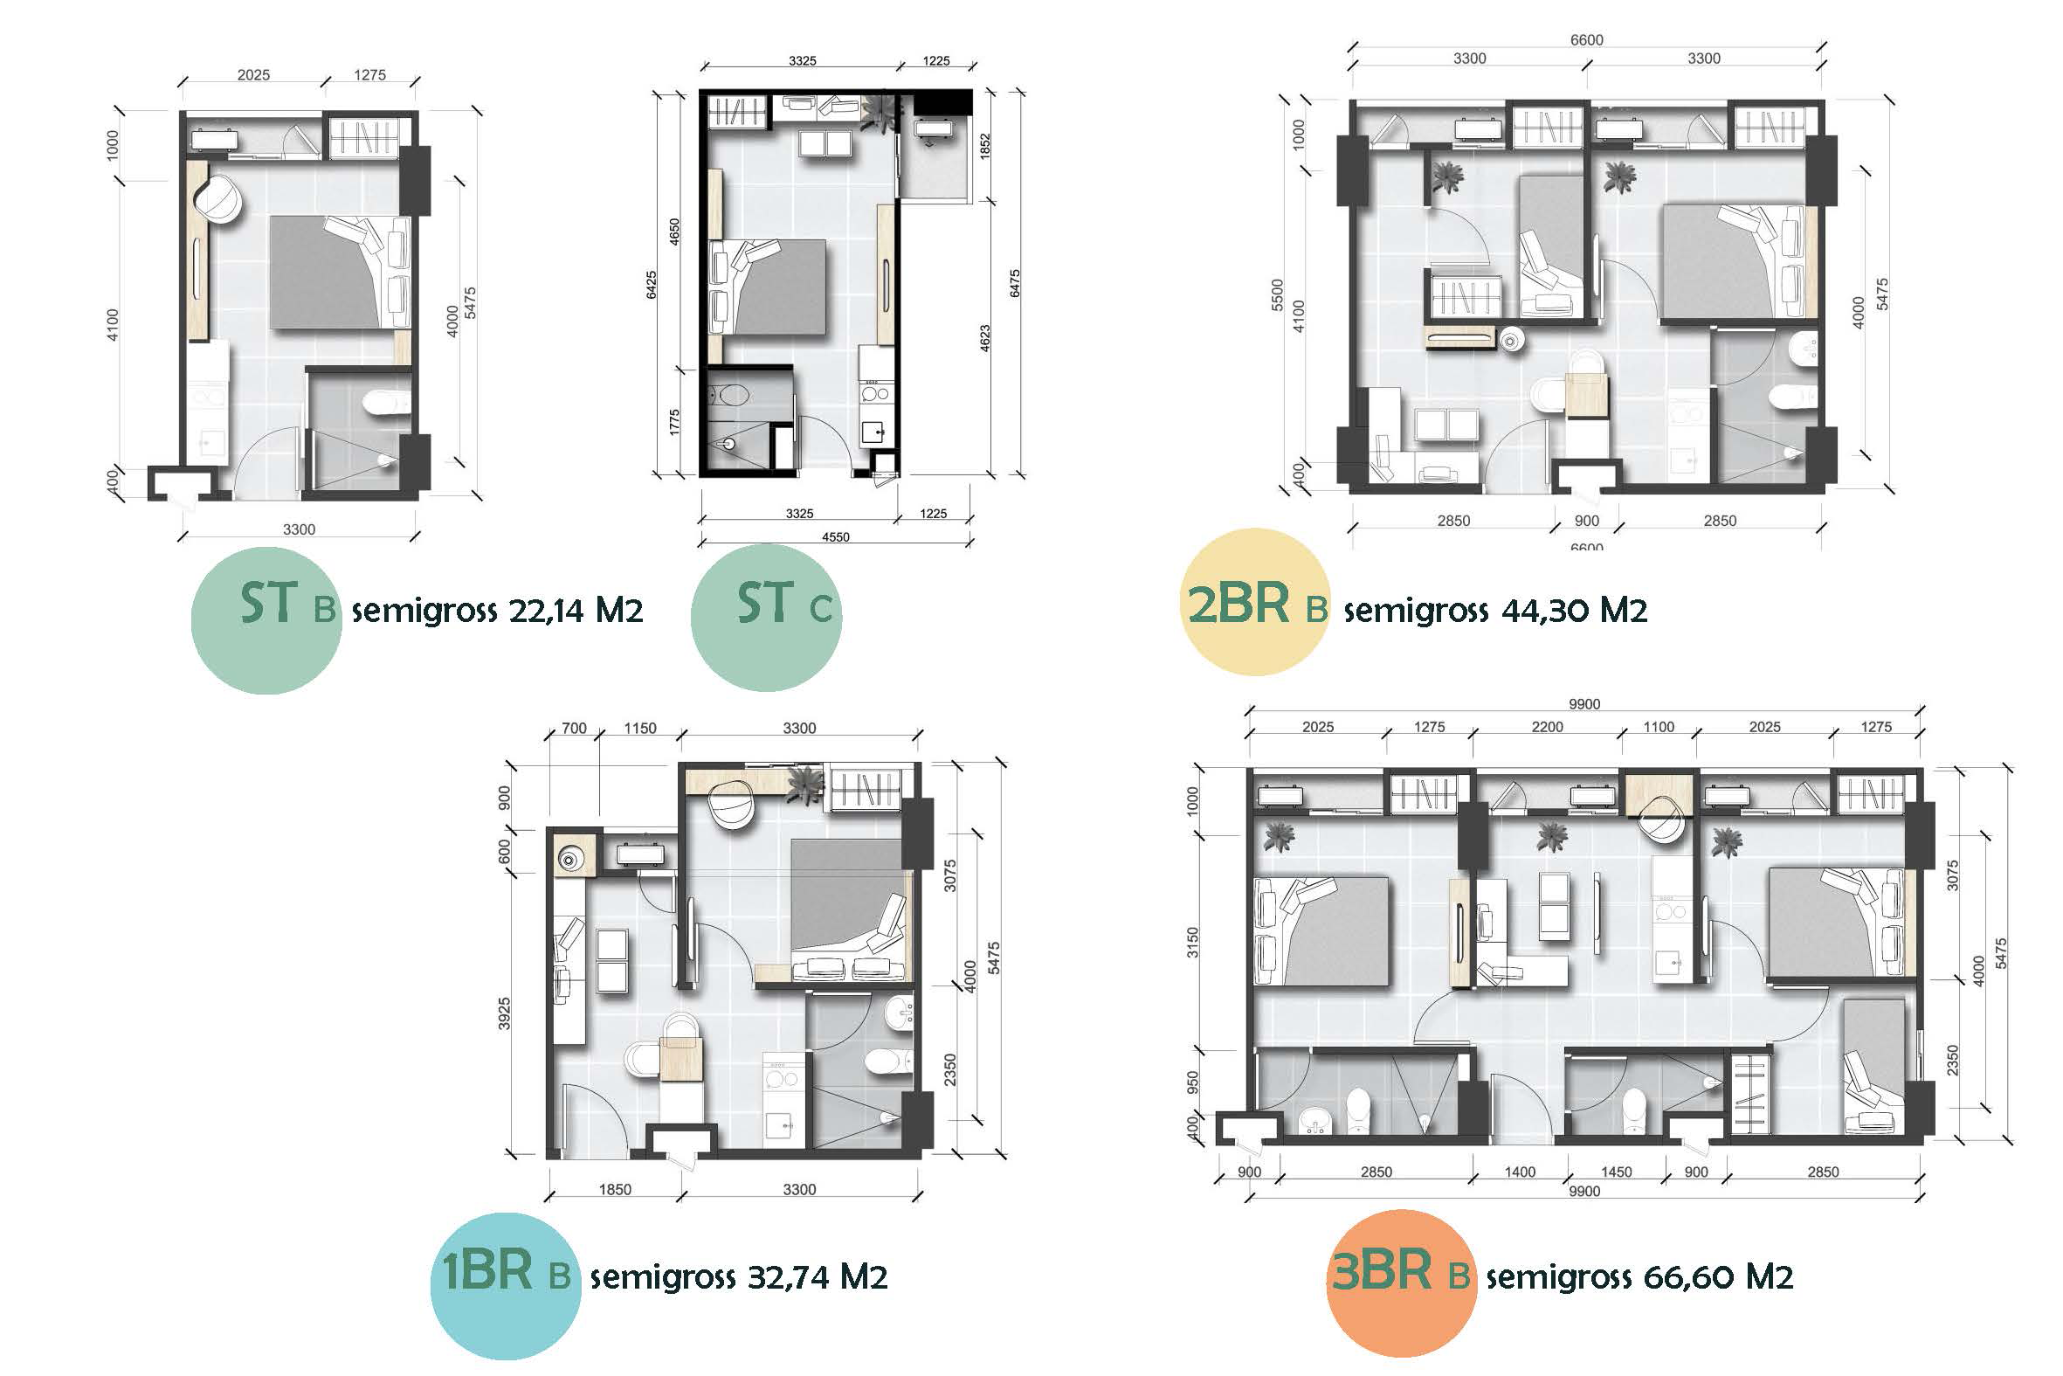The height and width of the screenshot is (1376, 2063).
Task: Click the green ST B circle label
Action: click(266, 620)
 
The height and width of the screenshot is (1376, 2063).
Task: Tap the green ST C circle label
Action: click(766, 617)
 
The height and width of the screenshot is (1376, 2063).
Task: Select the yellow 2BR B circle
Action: click(1256, 602)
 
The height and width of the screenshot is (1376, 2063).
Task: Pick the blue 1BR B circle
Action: click(505, 1286)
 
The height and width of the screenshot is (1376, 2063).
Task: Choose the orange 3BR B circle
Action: click(1402, 1283)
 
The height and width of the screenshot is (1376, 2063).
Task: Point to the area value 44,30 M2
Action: click(1575, 610)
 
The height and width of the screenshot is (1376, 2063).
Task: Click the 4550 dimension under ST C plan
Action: click(835, 537)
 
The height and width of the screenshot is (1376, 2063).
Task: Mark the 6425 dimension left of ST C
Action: click(652, 284)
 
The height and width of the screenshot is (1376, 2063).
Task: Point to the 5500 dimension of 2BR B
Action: click(1277, 295)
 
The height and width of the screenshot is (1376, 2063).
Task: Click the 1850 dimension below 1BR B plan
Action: click(615, 1189)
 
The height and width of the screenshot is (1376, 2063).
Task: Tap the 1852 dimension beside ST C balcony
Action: click(985, 146)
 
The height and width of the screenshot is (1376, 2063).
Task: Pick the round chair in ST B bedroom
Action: click(217, 200)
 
